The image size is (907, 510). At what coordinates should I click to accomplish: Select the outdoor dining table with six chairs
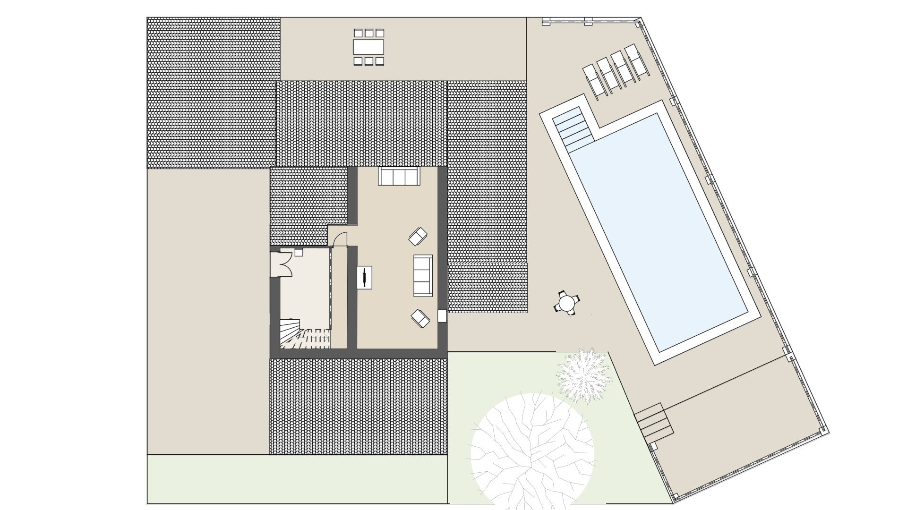coord(368,47)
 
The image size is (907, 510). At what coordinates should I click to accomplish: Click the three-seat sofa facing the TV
coord(423,276)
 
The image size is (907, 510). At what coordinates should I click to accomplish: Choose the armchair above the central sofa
coord(418,237)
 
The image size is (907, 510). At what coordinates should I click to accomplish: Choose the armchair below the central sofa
coord(420,318)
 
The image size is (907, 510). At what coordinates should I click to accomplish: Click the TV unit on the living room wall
coord(364,277)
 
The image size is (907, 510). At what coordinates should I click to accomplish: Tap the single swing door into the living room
coord(339,239)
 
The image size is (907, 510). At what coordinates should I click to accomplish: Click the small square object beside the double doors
coord(299,253)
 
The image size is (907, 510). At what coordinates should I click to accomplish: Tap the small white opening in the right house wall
coord(442,316)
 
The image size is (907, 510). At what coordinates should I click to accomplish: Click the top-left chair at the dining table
coord(358,33)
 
